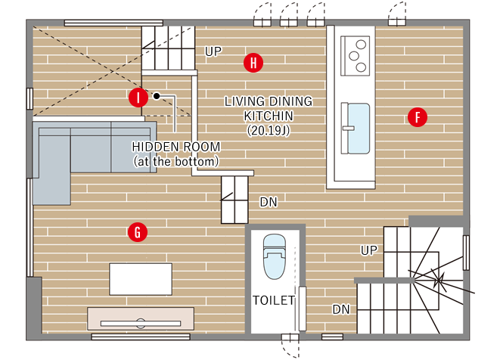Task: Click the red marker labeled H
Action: tap(253, 63)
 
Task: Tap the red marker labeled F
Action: tap(418, 117)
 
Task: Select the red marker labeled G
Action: tap(138, 232)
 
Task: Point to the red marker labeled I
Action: tap(138, 98)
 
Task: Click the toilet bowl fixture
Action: tap(275, 256)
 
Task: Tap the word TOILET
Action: tap(274, 300)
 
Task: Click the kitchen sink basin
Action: tap(359, 128)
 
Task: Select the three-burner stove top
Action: tap(356, 56)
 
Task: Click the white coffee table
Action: tap(141, 279)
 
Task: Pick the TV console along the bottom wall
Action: tap(141, 318)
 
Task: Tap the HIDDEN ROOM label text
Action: tap(176, 147)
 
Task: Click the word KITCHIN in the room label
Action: tap(269, 116)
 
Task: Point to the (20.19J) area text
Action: tap(269, 130)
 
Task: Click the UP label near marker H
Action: tap(213, 51)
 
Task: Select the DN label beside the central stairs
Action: tap(269, 202)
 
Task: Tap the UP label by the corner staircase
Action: tap(369, 250)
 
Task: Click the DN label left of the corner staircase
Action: tap(341, 309)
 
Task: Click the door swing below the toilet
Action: tap(290, 346)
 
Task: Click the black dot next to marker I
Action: tap(157, 95)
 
